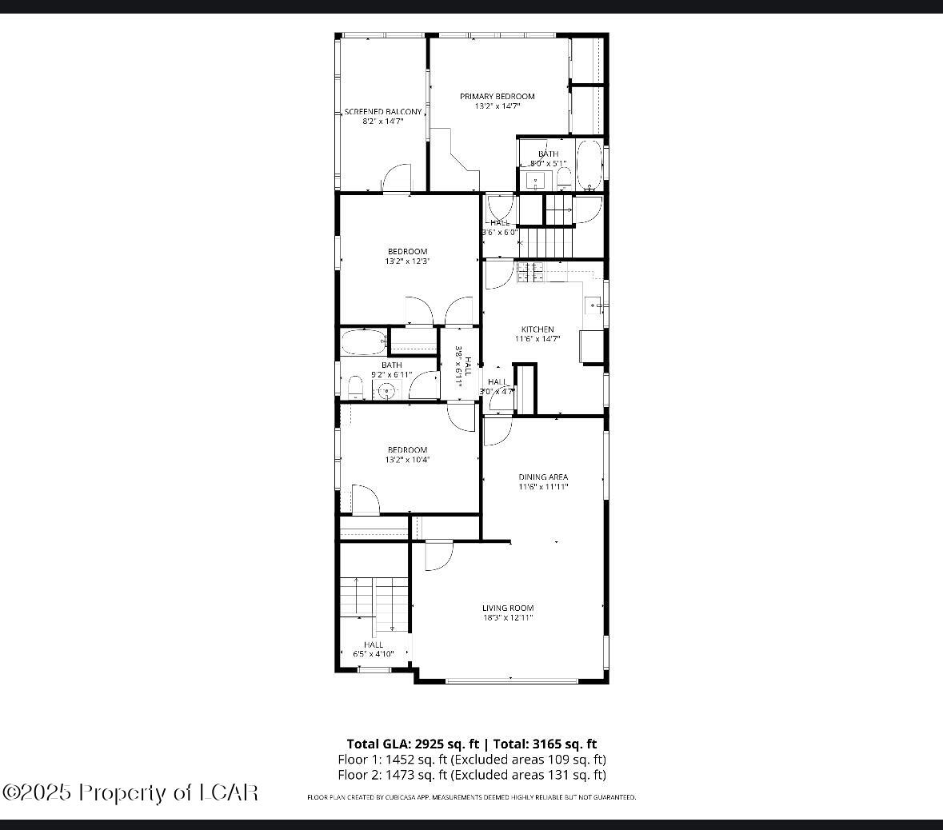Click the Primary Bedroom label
click(497, 96)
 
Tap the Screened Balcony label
click(383, 112)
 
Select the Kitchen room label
click(537, 329)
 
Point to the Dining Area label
click(543, 477)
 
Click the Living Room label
click(508, 608)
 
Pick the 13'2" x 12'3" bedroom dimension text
click(408, 261)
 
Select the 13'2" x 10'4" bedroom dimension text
click(408, 460)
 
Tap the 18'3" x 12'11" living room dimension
click(508, 617)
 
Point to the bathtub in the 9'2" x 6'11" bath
click(364, 342)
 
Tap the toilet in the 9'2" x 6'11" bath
click(355, 388)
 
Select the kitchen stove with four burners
click(529, 273)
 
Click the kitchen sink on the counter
click(593, 305)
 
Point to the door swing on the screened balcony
click(396, 179)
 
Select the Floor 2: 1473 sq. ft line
click(471, 774)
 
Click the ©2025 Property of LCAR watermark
click(130, 792)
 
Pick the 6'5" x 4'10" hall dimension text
click(374, 654)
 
